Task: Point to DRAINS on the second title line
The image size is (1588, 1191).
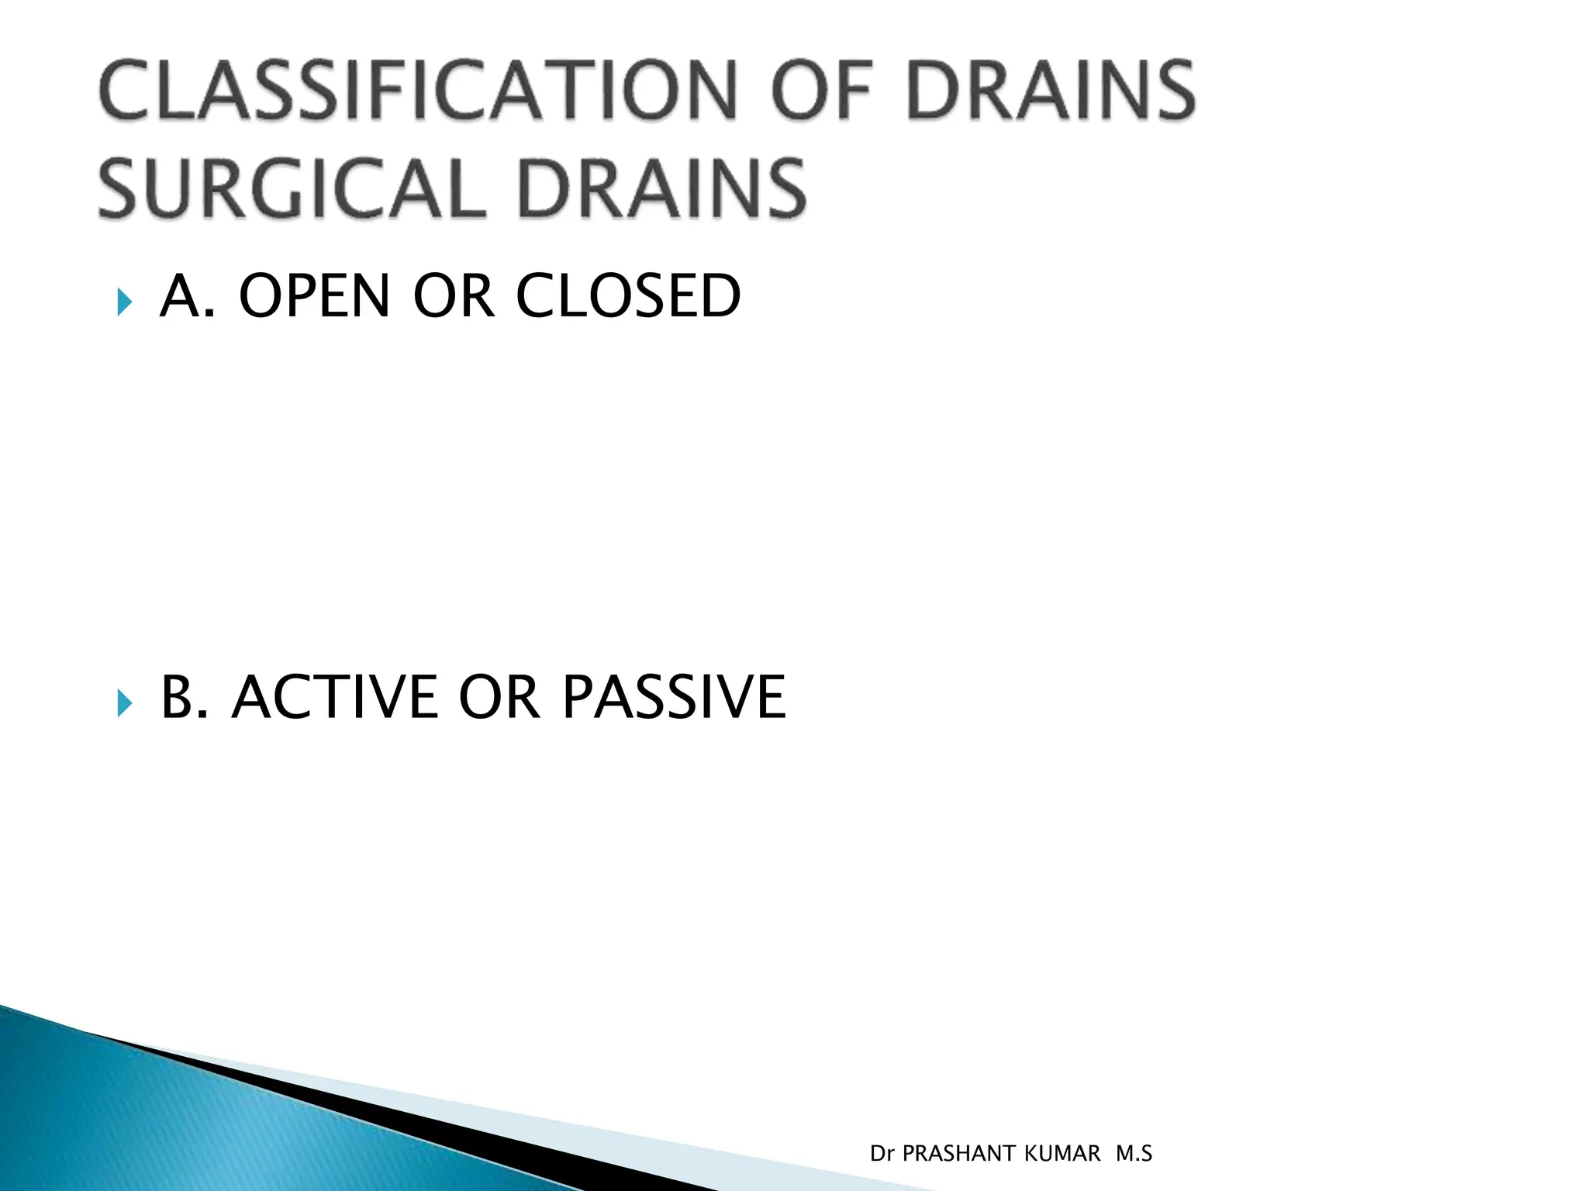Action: [662, 188]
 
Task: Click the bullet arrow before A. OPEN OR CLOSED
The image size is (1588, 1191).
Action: [124, 301]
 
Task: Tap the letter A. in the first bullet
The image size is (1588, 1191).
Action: [187, 296]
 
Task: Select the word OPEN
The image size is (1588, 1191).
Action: [314, 296]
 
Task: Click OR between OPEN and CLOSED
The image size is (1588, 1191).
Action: [454, 296]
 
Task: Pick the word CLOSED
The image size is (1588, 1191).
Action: [628, 296]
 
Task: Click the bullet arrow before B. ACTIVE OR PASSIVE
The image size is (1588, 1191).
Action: [124, 703]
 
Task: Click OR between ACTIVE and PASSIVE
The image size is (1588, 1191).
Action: [499, 696]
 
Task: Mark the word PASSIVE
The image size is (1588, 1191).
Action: [674, 696]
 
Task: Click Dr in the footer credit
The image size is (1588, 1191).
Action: [882, 1154]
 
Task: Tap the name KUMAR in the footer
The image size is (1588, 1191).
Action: [1062, 1154]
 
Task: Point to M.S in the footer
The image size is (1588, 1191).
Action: [1134, 1154]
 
